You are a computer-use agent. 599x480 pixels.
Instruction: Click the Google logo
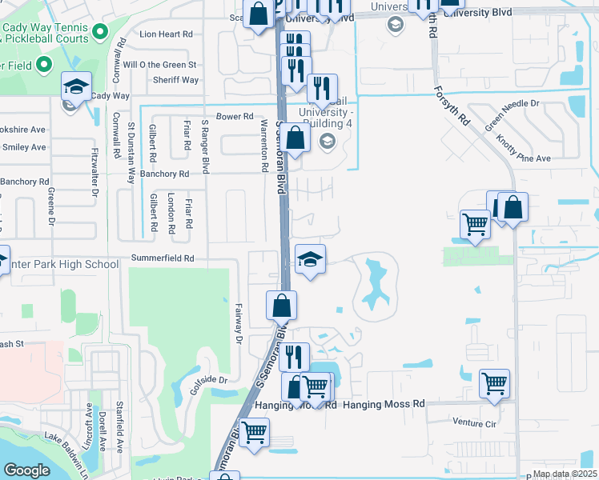click(26, 470)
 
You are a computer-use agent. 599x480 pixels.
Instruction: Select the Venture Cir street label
click(474, 422)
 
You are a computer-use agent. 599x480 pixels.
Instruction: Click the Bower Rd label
click(235, 117)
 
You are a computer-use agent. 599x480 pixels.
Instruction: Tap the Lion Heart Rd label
click(167, 34)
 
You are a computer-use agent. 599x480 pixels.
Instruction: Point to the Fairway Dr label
click(239, 323)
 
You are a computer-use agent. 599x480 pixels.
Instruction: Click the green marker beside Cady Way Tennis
click(100, 32)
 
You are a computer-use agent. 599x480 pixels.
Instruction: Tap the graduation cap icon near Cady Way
click(76, 85)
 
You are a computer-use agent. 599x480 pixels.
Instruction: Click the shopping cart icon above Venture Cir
click(494, 382)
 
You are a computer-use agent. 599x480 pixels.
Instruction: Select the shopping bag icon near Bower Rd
click(295, 137)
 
